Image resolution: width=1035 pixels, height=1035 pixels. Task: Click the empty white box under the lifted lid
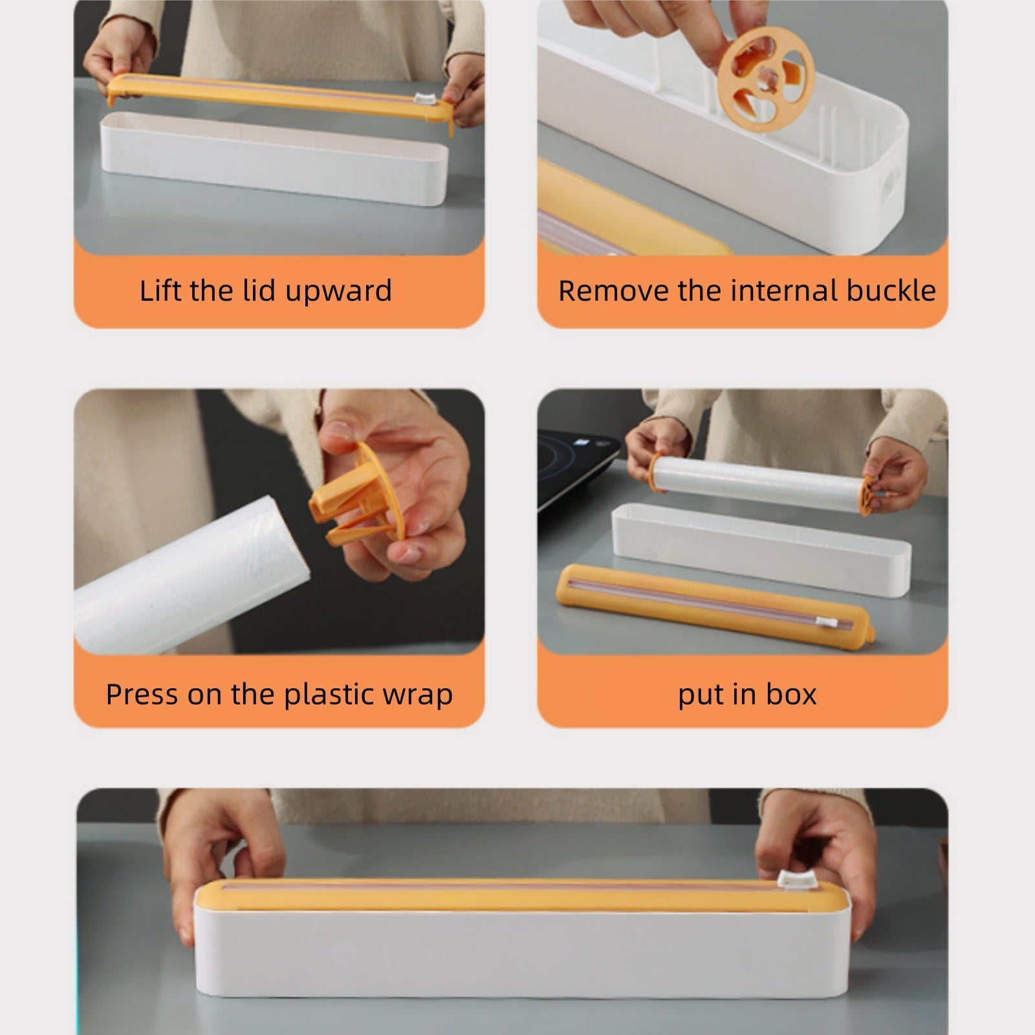[272, 158]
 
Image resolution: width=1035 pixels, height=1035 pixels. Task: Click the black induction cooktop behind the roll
[582, 466]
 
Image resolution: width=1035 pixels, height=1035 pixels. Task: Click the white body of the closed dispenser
[517, 951]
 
